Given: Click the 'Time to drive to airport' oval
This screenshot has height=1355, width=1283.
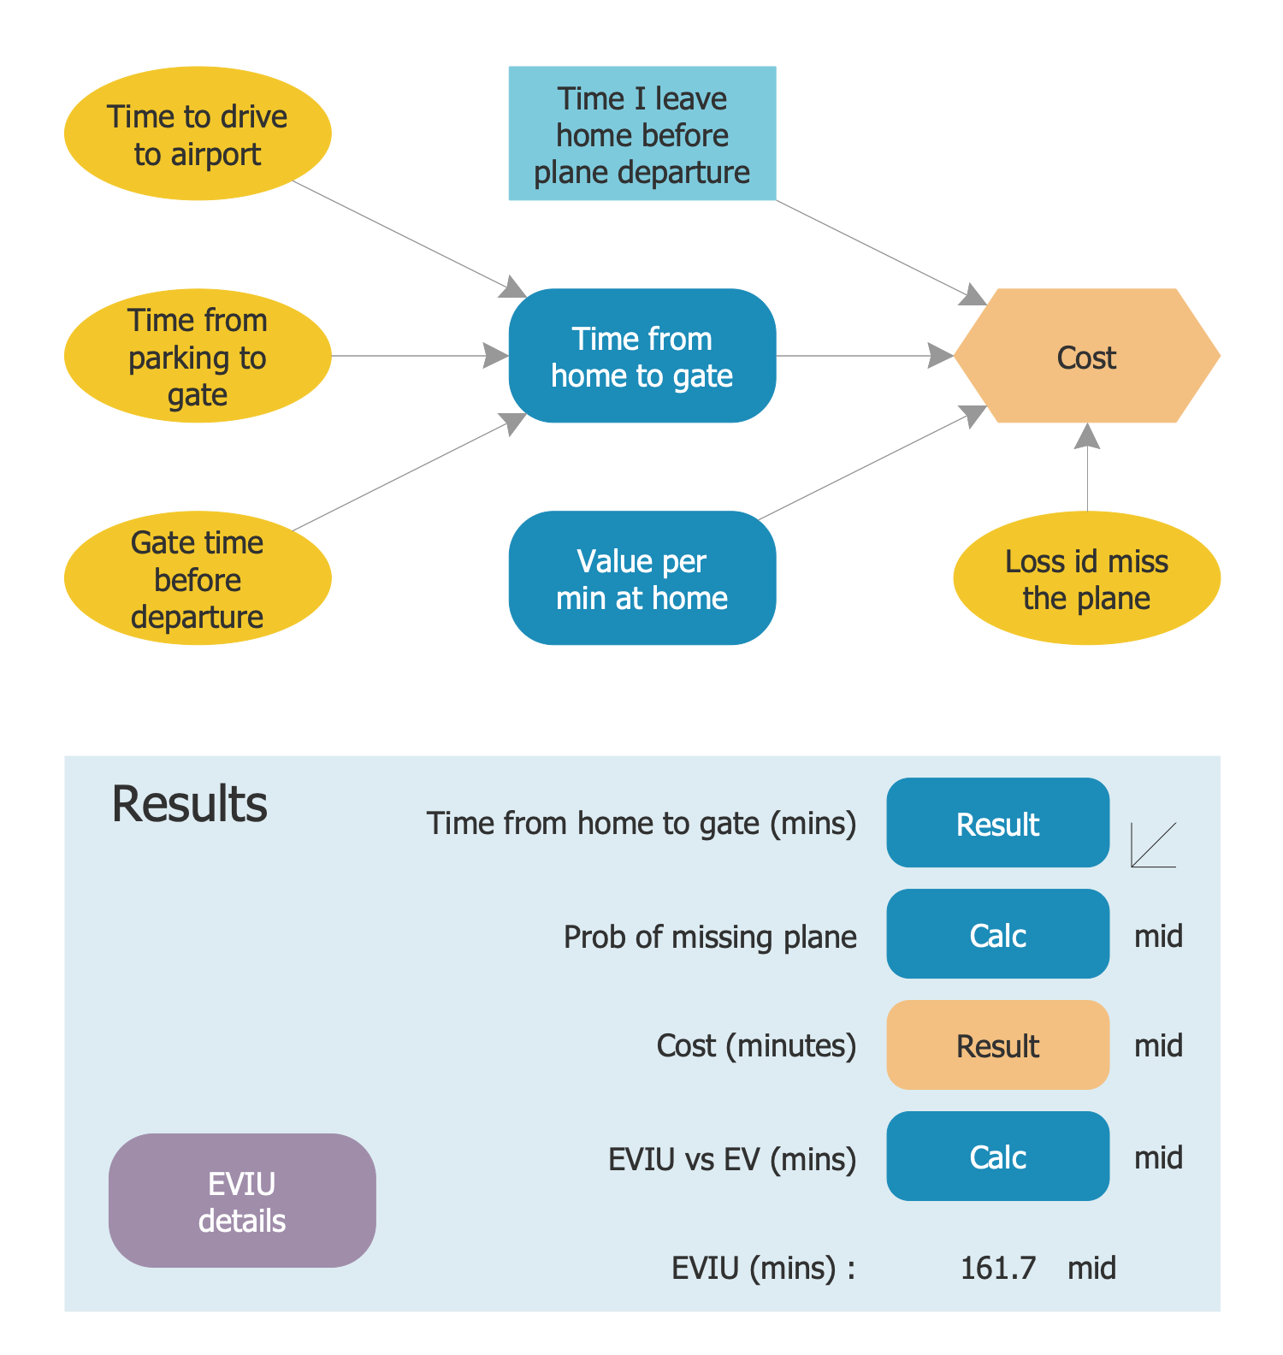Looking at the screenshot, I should [x=198, y=133].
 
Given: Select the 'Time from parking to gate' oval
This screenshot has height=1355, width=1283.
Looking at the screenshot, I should [x=198, y=356].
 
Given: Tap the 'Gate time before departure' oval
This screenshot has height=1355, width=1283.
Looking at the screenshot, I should [x=198, y=578].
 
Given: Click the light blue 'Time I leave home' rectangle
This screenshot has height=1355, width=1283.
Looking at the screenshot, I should [x=642, y=133].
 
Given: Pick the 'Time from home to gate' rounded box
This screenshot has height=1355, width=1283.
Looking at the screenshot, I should [x=642, y=356].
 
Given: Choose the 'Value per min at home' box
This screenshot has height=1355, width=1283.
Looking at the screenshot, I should [x=642, y=578].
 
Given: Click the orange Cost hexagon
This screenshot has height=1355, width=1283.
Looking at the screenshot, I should [x=1086, y=356].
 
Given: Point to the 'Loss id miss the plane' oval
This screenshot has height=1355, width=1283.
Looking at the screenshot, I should [x=1086, y=578].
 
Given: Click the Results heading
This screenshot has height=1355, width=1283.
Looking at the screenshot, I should [x=189, y=804].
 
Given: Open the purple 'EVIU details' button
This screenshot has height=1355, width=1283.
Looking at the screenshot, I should [x=242, y=1201].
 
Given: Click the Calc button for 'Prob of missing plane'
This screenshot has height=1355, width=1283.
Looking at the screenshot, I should [x=997, y=934].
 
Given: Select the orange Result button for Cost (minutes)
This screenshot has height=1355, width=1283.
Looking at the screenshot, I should [x=997, y=1045].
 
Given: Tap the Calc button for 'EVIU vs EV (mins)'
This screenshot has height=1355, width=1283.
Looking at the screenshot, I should [x=997, y=1157].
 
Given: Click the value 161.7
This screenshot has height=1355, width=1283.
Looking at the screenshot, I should [x=997, y=1268].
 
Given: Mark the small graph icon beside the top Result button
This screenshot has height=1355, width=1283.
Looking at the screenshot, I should [x=1153, y=845].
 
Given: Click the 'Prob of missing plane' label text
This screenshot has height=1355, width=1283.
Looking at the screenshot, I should [x=710, y=937].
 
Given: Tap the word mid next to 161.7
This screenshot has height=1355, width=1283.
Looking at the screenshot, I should [x=1091, y=1268].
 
